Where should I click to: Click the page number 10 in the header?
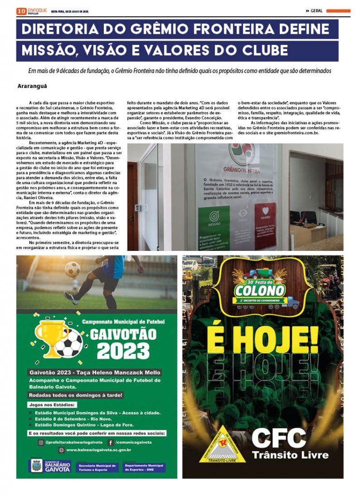click(21, 11)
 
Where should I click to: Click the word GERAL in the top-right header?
click(317, 11)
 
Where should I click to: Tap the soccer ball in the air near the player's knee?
click(72, 269)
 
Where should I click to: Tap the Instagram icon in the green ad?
click(41, 442)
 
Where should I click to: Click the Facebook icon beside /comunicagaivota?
click(111, 442)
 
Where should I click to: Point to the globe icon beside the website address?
click(61, 450)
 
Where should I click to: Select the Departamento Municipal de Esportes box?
click(144, 467)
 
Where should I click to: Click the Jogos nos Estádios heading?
click(52, 404)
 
